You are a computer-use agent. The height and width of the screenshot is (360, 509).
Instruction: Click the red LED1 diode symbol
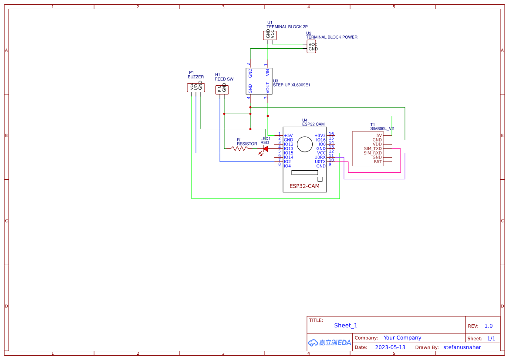point(265,148)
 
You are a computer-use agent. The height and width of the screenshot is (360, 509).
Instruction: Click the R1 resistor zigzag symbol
point(239,148)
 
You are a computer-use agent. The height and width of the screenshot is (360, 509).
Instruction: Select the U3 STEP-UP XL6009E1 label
point(291,85)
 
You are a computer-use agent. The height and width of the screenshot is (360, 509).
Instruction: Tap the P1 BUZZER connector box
point(196,87)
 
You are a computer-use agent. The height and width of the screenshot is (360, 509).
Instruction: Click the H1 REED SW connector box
point(222,90)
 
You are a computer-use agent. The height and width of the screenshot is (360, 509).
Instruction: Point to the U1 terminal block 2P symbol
point(270,35)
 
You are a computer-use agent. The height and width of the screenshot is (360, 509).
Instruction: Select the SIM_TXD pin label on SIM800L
point(373,148)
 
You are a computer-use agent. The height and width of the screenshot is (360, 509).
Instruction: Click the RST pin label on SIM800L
point(378,161)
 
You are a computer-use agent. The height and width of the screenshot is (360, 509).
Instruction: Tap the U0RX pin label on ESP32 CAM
point(320,157)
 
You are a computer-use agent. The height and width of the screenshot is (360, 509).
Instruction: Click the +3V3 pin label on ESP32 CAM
point(320,135)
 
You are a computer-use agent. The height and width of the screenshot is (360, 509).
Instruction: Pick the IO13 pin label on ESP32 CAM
point(288,148)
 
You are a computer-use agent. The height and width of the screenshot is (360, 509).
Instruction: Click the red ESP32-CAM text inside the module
point(304,186)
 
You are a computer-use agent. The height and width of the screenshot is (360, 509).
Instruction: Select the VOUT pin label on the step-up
point(268,87)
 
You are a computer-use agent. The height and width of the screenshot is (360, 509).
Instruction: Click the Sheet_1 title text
point(346,325)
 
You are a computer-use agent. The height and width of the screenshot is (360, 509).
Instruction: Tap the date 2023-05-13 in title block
point(390,347)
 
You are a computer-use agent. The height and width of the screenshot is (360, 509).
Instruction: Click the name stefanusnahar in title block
point(462,347)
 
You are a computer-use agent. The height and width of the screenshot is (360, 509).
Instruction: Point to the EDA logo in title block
point(329,343)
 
